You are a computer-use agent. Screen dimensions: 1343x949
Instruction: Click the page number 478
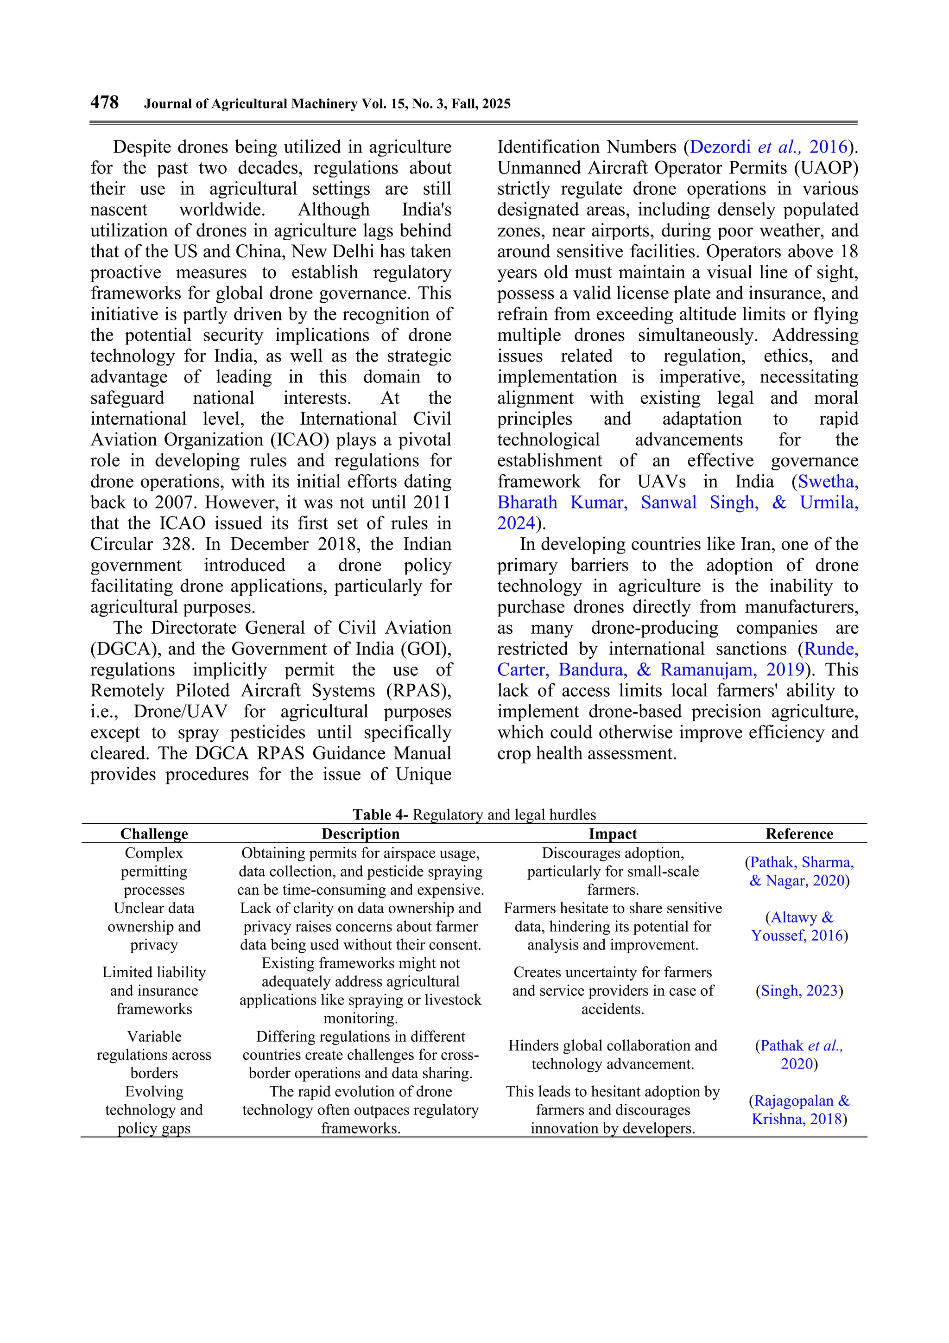point(104,102)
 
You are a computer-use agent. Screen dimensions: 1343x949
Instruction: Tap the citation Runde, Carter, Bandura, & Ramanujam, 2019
point(677,660)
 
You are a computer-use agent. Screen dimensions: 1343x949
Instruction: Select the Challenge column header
point(154,834)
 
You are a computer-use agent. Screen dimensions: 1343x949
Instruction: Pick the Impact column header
point(612,834)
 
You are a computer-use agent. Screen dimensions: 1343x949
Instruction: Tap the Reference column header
point(799,834)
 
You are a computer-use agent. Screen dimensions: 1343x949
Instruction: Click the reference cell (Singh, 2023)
point(799,991)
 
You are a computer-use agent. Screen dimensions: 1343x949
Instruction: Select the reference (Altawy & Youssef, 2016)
point(799,927)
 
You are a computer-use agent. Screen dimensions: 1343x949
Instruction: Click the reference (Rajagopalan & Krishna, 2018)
point(799,1110)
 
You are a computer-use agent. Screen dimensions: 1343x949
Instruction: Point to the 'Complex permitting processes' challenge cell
point(154,871)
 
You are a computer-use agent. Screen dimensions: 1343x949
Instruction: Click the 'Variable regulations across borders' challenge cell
point(154,1055)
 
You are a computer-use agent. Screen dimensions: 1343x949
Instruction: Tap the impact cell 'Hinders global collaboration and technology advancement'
point(612,1055)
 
